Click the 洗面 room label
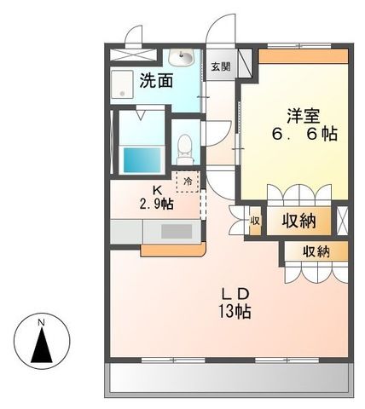(x=156, y=83)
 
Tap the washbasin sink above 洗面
(x=182, y=58)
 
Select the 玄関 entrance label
(x=220, y=66)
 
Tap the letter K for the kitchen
(x=157, y=189)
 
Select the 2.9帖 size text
(x=157, y=204)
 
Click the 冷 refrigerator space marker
(x=188, y=181)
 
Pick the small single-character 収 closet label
(x=255, y=221)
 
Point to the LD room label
(x=231, y=294)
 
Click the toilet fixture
(x=183, y=150)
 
